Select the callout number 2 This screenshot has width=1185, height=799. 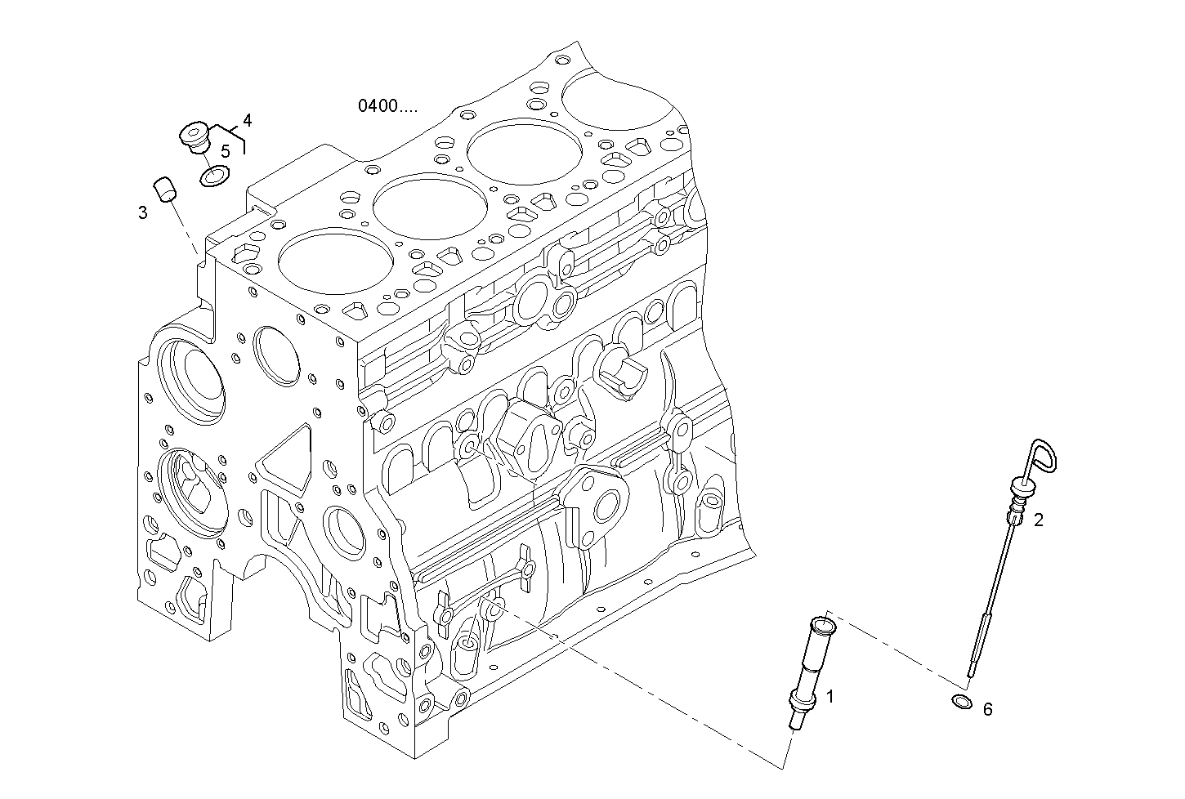[x=1038, y=520]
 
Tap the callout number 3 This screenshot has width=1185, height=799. [x=143, y=213]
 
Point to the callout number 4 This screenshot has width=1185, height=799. [x=247, y=121]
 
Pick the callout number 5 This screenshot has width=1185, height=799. [x=226, y=151]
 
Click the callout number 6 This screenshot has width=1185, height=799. [x=987, y=710]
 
